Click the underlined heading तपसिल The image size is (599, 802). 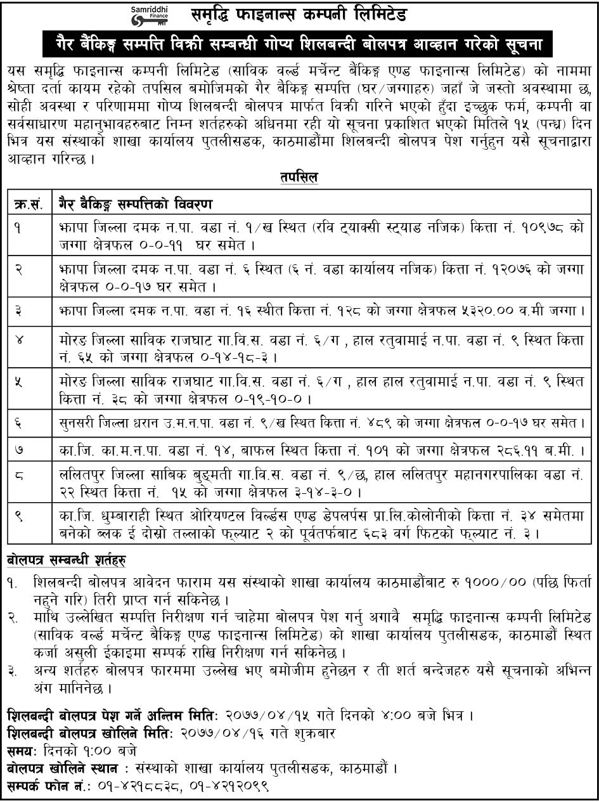pyautogui.click(x=299, y=178)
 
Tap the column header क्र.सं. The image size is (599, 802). pyautogui.click(x=28, y=204)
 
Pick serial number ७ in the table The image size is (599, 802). pyautogui.click(x=20, y=451)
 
